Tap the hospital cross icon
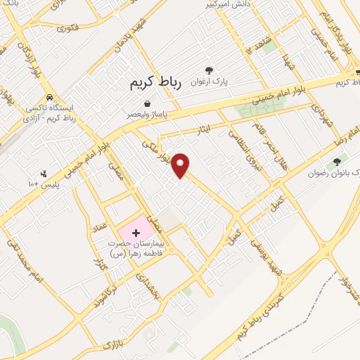tap(136, 231)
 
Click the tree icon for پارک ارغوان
tap(208, 69)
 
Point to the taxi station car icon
tap(49, 98)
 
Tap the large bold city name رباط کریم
tap(155, 84)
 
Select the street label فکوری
tap(67, 29)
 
